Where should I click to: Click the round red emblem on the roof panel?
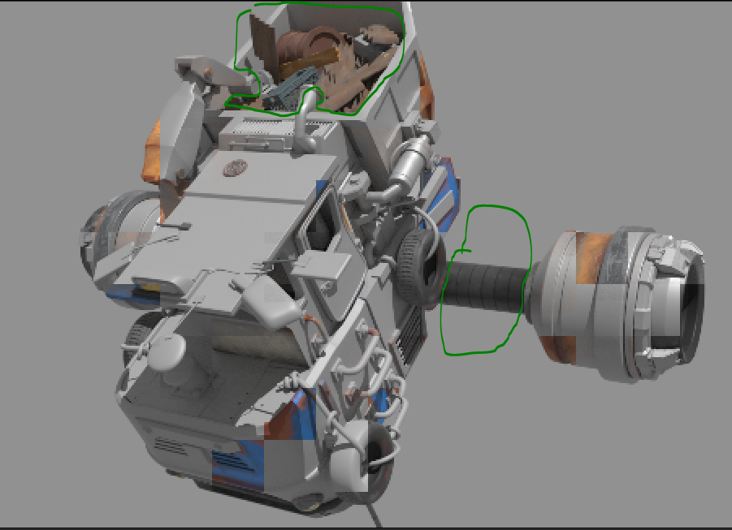coord(234,168)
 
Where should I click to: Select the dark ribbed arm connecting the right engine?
coord(484,288)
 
